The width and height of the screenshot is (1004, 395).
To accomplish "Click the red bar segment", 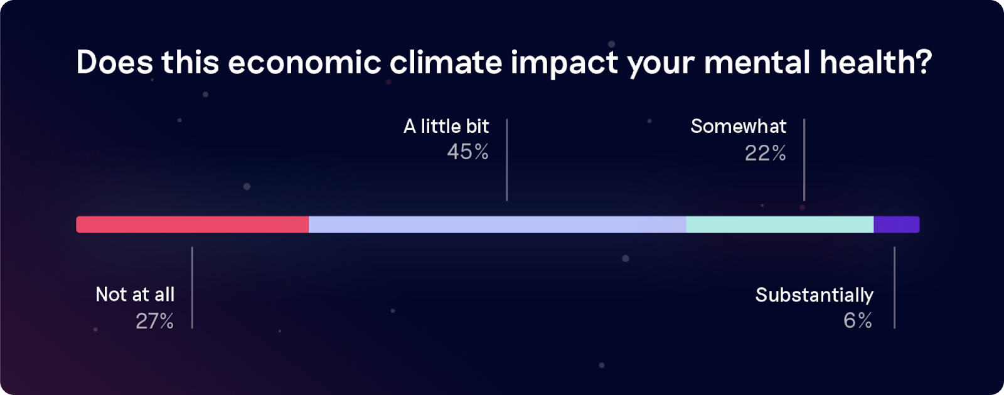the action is pos(192,224).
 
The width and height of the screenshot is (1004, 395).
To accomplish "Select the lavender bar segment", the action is pos(498,224).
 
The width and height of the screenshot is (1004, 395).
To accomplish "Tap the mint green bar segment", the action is pos(780,224).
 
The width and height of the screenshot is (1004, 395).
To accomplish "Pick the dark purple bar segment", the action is pos(897,224).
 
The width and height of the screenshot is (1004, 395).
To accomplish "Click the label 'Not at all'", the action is pos(135,295).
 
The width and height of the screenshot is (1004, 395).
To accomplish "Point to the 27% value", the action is pos(154,321).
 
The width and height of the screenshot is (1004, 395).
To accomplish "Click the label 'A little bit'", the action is pos(446,126).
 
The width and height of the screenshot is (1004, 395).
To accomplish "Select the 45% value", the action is pos(467,152).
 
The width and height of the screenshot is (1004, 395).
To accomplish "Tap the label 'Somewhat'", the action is pos(738,126).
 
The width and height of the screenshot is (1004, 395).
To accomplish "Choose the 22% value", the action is pos(765,153).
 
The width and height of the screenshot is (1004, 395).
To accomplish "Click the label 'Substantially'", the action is pos(814,295).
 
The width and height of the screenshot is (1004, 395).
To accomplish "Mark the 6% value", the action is pos(858,320).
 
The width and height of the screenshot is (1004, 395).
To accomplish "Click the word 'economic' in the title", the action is pos(304,62).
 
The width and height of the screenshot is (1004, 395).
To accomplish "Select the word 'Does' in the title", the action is pos(115,62).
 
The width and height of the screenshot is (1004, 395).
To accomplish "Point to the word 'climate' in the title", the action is pos(446,62).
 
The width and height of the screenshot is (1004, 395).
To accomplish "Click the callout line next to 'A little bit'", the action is pos(507,160).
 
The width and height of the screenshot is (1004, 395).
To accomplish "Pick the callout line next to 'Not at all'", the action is pos(192,288).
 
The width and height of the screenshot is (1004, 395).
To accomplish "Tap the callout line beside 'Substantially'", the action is pos(895,288).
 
